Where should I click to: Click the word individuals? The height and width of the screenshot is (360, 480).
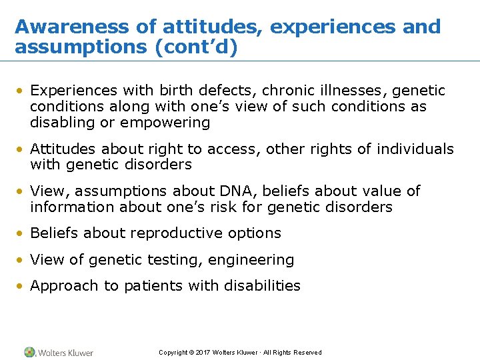[x=416, y=149]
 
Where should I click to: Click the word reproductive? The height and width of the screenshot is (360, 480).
[x=179, y=233]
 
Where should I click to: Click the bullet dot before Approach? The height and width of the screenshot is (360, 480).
[x=21, y=287]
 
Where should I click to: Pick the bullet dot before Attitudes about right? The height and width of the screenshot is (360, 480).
[x=21, y=149]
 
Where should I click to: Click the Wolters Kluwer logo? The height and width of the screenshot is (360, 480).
[x=59, y=352]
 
